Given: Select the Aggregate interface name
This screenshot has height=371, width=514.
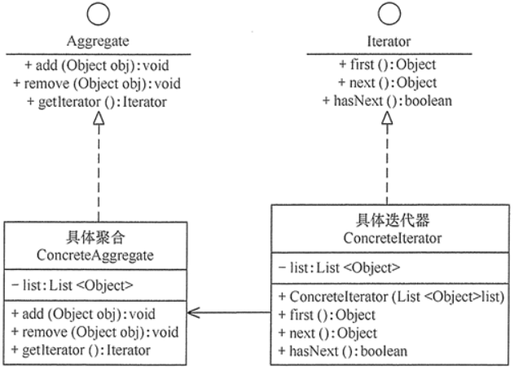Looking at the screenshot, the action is [x=98, y=42].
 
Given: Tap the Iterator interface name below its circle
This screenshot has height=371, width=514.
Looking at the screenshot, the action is [x=389, y=42].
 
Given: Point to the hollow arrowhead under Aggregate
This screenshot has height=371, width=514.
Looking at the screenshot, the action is [x=99, y=118].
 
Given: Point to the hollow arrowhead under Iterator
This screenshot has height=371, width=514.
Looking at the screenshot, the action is [x=387, y=118].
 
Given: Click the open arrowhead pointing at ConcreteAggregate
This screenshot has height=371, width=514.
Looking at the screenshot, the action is [x=194, y=312].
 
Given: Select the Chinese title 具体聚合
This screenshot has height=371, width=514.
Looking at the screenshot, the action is [x=95, y=237].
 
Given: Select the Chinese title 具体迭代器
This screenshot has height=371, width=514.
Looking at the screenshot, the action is [x=393, y=220].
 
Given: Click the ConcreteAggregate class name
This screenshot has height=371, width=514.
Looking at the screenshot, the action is [x=95, y=255].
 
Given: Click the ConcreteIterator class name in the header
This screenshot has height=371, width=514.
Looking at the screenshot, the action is [x=393, y=238].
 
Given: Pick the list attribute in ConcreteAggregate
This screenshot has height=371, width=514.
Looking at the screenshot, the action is [x=72, y=285].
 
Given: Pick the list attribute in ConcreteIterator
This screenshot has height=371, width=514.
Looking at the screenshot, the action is [x=339, y=268].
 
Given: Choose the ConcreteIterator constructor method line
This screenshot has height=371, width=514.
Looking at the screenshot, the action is [x=391, y=297].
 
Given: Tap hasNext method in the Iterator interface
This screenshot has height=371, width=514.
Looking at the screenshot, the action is [x=387, y=101].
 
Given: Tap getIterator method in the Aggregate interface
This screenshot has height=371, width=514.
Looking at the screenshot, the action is [x=97, y=102].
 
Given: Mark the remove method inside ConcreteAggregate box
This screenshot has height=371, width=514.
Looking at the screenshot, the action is [x=95, y=333].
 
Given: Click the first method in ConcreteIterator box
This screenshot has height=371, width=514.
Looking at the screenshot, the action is [x=327, y=316].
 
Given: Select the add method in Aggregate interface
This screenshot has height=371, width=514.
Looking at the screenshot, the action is [x=97, y=65].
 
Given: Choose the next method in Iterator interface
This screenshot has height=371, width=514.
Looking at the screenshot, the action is [x=388, y=82].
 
